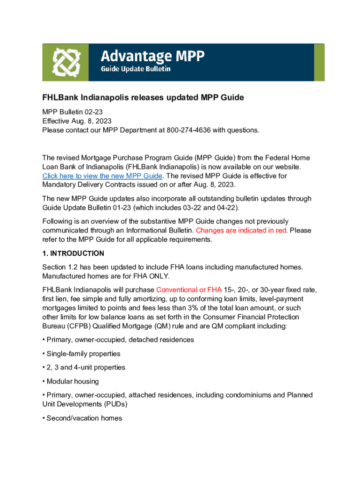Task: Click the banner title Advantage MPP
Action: pos(153,57)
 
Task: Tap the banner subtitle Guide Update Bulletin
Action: pos(136,69)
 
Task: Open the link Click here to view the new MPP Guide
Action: pos(102,176)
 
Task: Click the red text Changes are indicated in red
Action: pos(241,230)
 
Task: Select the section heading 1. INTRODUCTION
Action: pos(73,254)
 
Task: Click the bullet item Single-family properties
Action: pos(83,354)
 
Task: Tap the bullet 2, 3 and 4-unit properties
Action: pos(86,367)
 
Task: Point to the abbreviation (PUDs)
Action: pos(115,404)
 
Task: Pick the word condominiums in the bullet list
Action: pos(241,395)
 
